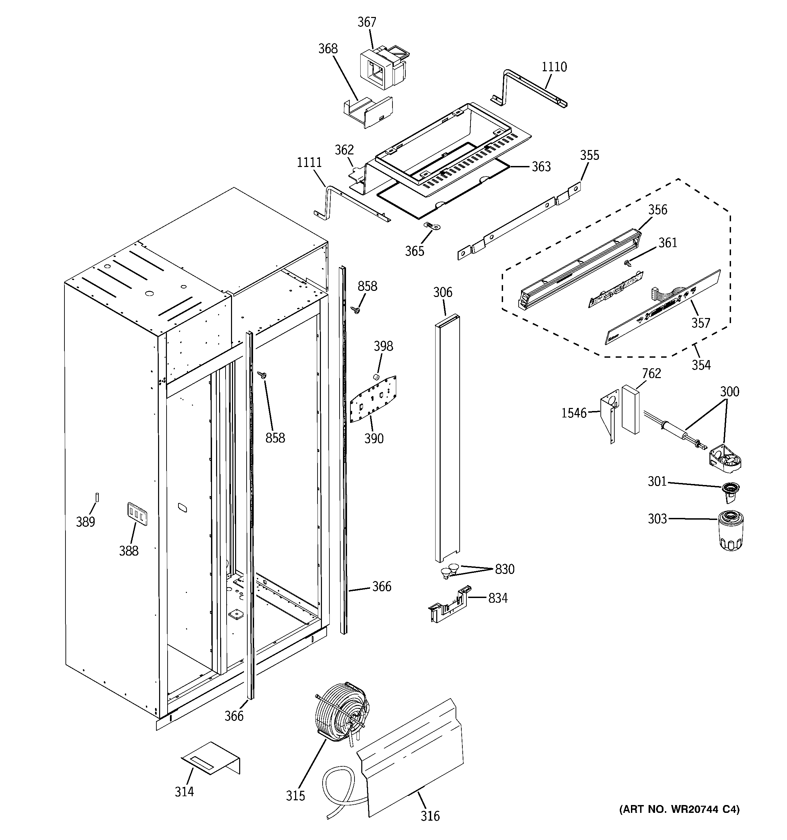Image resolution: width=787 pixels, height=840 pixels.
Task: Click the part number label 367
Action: pyautogui.click(x=367, y=22)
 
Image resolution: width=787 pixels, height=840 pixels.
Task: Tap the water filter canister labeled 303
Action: pyautogui.click(x=731, y=531)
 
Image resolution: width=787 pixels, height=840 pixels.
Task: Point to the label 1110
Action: pyautogui.click(x=554, y=67)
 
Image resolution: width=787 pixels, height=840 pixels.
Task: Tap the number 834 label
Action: pyautogui.click(x=498, y=598)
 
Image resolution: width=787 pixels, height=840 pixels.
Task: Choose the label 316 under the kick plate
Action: pyautogui.click(x=430, y=816)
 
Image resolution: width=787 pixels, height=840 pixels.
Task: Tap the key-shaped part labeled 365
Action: pyautogui.click(x=432, y=226)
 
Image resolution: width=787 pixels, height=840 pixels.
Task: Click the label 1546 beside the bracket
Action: pyautogui.click(x=574, y=413)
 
